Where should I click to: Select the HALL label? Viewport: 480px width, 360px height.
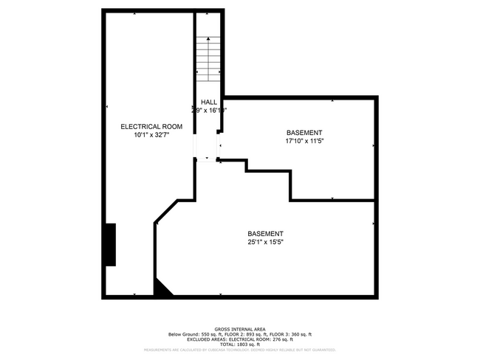(x=209, y=102)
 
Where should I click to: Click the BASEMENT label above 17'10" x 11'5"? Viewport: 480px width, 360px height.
(x=304, y=132)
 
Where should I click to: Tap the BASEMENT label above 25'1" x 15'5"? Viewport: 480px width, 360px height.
(x=266, y=233)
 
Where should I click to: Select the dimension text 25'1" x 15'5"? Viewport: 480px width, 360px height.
(x=266, y=242)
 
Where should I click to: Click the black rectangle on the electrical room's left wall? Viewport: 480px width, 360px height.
(x=110, y=244)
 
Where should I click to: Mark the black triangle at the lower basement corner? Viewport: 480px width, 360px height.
(x=160, y=289)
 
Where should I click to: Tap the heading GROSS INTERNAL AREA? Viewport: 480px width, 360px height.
(x=240, y=329)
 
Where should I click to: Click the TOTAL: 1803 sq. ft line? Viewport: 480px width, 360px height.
(x=240, y=345)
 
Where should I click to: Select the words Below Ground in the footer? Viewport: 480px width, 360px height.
(x=184, y=334)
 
